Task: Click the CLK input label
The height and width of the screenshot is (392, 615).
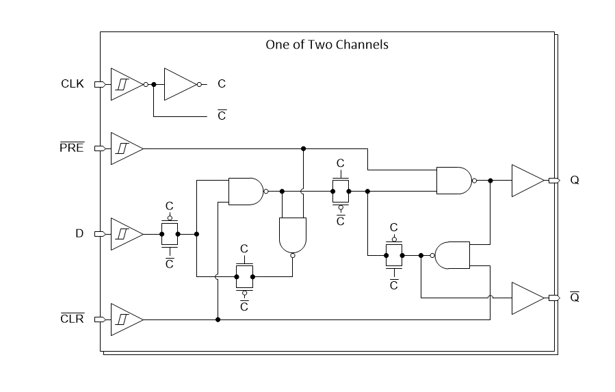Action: pos(72,84)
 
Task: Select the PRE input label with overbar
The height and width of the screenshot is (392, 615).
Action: pos(72,148)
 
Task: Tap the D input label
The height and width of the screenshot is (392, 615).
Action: pos(79,234)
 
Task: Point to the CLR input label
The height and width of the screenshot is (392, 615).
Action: pos(72,319)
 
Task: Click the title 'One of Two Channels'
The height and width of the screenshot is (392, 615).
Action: pos(326,44)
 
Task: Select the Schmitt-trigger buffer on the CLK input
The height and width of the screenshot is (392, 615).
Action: pos(126,84)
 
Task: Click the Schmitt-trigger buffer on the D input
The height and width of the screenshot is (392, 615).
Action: pos(126,234)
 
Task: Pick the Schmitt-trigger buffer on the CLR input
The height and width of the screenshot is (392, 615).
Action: pos(126,319)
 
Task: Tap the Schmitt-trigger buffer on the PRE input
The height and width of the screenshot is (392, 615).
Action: pos(126,148)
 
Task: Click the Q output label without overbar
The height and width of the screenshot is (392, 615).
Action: pos(575,181)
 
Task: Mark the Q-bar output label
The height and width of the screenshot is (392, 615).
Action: pos(575,298)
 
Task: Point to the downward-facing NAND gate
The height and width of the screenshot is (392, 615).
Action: pos(293,235)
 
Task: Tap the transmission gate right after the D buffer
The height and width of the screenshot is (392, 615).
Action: pos(170,234)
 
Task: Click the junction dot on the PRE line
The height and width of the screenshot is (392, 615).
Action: pos(303,148)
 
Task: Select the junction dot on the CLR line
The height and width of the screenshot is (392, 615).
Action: pos(218,319)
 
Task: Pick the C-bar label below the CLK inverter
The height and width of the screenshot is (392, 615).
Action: pos(222,116)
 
